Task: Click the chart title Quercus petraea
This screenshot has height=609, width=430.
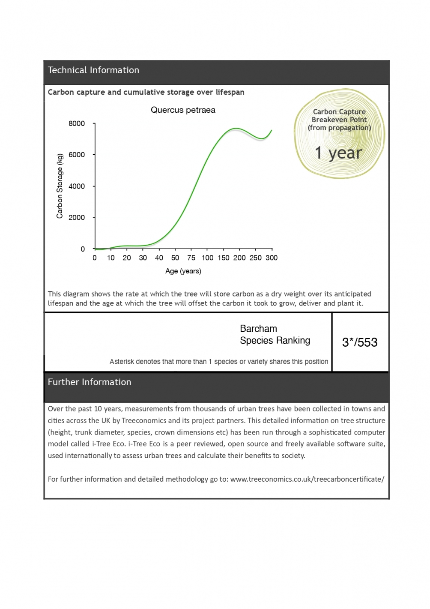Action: pyautogui.click(x=183, y=110)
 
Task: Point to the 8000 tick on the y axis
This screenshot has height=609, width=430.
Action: pyautogui.click(x=77, y=123)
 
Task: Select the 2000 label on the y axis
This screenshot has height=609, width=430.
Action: pyautogui.click(x=77, y=217)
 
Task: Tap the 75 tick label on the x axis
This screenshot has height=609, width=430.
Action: pyautogui.click(x=191, y=258)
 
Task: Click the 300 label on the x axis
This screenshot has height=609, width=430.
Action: pyautogui.click(x=272, y=258)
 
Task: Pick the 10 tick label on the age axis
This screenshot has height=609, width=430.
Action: pyautogui.click(x=110, y=258)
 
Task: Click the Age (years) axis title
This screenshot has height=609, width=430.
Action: pyautogui.click(x=183, y=271)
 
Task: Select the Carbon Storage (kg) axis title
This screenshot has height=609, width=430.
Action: pyautogui.click(x=60, y=186)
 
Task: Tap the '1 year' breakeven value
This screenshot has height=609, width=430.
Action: pyautogui.click(x=338, y=153)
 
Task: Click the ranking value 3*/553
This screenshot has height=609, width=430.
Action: pyautogui.click(x=360, y=342)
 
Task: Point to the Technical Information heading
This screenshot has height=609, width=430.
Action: pyautogui.click(x=93, y=70)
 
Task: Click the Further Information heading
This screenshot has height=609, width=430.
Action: pyautogui.click(x=90, y=382)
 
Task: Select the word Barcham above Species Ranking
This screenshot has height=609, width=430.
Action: pyautogui.click(x=258, y=329)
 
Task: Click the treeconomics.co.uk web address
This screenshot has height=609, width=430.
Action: pyautogui.click(x=307, y=479)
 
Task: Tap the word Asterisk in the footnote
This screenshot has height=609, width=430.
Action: pyautogui.click(x=122, y=362)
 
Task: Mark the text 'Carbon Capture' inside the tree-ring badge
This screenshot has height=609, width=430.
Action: pyautogui.click(x=339, y=112)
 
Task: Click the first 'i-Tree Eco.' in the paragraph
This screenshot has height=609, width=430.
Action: pyautogui.click(x=109, y=444)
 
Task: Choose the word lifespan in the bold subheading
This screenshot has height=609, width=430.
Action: pyautogui.click(x=230, y=92)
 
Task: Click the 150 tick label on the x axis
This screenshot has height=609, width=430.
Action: pyautogui.click(x=223, y=258)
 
